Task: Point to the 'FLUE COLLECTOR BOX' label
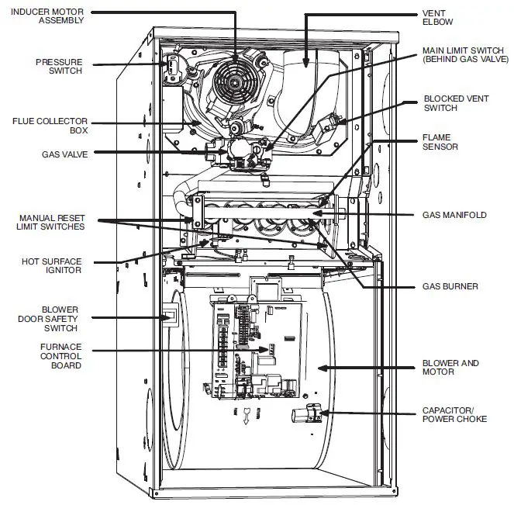point(50,126)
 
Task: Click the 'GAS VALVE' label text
point(65,154)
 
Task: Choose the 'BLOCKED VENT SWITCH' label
point(455,103)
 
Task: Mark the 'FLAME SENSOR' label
point(440,142)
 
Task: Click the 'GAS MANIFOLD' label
point(454,214)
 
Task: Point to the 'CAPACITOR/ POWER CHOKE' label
point(454,414)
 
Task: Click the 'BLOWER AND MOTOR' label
point(450,367)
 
